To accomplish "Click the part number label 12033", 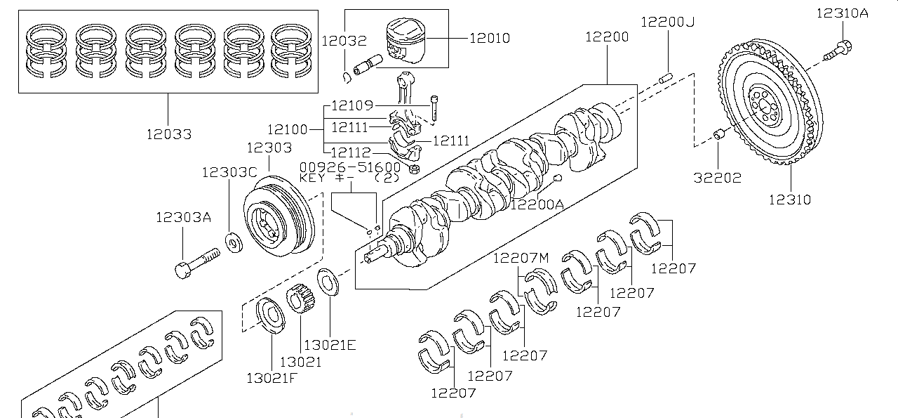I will click(x=168, y=133).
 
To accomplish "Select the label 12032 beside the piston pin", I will click(x=344, y=41).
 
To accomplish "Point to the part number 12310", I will click(x=789, y=200).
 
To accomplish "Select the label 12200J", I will click(x=667, y=22).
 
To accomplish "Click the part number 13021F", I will click(x=273, y=378).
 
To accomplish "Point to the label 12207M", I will click(x=521, y=257).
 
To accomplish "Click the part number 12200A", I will click(x=537, y=204).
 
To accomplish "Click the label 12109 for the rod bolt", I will click(x=352, y=106).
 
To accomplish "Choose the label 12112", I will click(x=351, y=152).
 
